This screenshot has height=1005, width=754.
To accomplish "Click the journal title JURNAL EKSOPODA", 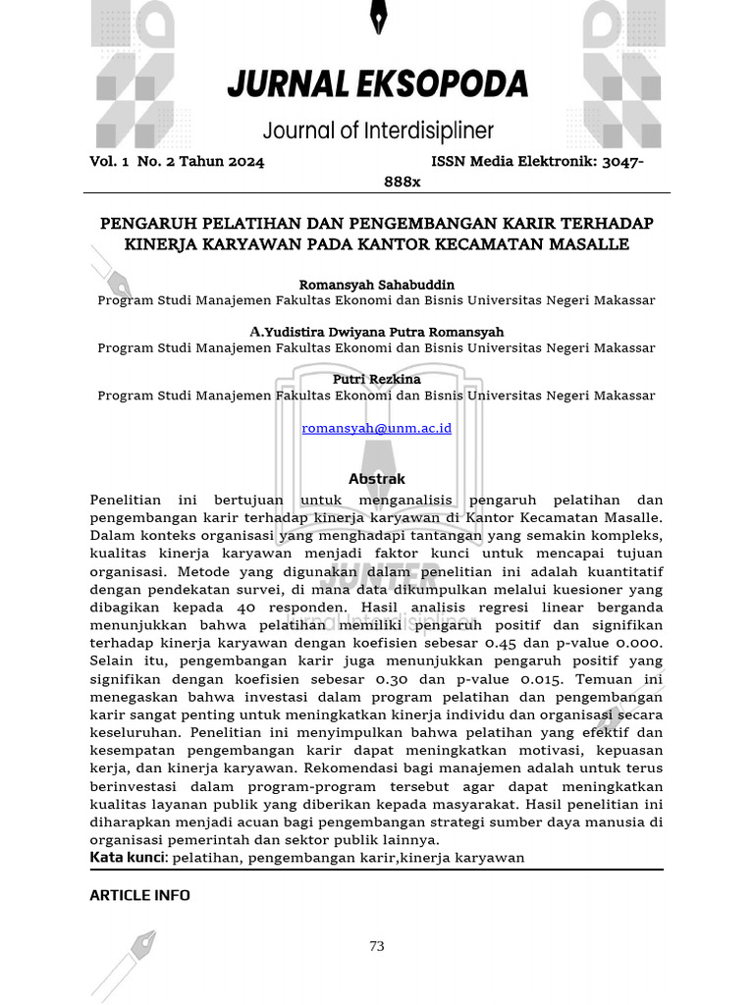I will (x=377, y=84).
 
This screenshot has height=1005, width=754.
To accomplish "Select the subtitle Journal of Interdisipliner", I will (x=377, y=131).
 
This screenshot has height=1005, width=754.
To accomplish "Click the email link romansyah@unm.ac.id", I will (x=376, y=428).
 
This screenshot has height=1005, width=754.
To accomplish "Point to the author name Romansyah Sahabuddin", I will (x=376, y=285).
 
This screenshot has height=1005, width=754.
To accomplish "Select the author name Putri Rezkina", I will (x=376, y=379).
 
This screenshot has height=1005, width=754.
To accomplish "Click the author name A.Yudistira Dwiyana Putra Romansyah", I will (x=376, y=332).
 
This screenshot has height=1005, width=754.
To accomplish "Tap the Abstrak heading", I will (x=377, y=479).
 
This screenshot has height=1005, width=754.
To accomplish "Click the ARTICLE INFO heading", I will (x=139, y=895).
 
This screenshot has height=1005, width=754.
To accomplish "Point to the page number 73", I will (x=377, y=946).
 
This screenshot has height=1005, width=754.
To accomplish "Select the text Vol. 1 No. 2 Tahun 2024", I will (x=177, y=162).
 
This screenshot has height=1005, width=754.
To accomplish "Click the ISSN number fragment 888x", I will (x=402, y=182).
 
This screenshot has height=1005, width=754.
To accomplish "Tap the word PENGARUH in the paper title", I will (x=142, y=223).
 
